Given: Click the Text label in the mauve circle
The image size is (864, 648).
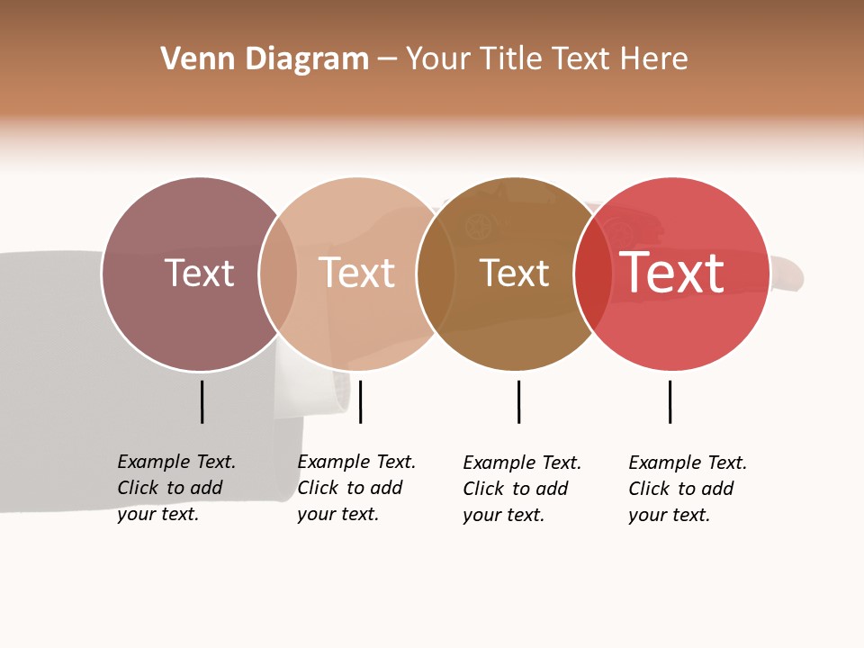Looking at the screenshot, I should pyautogui.click(x=199, y=273).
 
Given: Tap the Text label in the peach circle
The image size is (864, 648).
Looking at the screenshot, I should pyautogui.click(x=356, y=273).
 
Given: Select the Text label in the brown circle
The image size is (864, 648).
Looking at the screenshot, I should pyautogui.click(x=514, y=273).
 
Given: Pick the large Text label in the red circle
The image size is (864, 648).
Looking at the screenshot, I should pyautogui.click(x=671, y=273).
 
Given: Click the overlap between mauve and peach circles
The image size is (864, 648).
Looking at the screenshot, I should pyautogui.click(x=278, y=274).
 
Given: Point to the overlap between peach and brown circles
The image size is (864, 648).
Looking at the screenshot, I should pyautogui.click(x=436, y=274).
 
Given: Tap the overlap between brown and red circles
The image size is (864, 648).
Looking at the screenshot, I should pyautogui.click(x=593, y=274).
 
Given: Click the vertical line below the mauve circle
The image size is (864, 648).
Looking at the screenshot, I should pyautogui.click(x=202, y=401).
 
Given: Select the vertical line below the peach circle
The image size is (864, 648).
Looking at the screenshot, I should pyautogui.click(x=360, y=401).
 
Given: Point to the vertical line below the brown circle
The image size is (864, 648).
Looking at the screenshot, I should pyautogui.click(x=518, y=401).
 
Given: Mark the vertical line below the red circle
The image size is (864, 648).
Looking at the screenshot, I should pyautogui.click(x=670, y=401).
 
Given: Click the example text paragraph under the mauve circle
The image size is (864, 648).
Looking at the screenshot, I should pyautogui.click(x=176, y=488).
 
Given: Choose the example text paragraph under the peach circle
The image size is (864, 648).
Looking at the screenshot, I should pyautogui.click(x=356, y=488).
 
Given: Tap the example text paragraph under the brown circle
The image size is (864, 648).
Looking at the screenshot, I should pyautogui.click(x=522, y=489).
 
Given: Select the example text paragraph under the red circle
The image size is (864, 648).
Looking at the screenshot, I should pyautogui.click(x=688, y=489).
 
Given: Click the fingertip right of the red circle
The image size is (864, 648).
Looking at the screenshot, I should pyautogui.click(x=789, y=273).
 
